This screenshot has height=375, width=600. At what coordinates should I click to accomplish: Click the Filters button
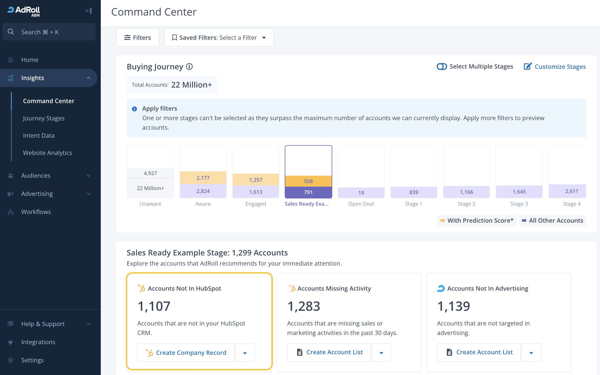click(x=138, y=37)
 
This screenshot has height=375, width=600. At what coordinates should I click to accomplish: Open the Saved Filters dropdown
click(x=219, y=37)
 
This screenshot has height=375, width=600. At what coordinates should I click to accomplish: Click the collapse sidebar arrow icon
click(x=89, y=11)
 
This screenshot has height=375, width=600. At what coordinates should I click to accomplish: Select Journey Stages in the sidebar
click(x=44, y=118)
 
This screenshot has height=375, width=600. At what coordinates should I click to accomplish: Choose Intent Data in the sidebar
click(x=39, y=135)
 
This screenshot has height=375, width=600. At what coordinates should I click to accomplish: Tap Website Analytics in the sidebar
click(x=48, y=153)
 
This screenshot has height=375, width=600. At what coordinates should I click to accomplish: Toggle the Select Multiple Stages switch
click(x=442, y=67)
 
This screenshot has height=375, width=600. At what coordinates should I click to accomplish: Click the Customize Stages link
click(x=555, y=67)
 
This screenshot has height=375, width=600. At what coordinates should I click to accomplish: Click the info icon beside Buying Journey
click(x=189, y=67)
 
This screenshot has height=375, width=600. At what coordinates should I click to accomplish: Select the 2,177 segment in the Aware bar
click(x=203, y=178)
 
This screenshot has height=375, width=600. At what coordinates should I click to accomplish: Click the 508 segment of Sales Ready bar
click(x=308, y=181)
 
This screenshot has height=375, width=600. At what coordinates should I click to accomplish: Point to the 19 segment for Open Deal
click(x=361, y=193)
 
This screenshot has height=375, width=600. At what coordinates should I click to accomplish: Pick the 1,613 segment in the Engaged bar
click(x=256, y=192)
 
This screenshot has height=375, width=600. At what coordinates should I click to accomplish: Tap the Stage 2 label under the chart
click(x=466, y=204)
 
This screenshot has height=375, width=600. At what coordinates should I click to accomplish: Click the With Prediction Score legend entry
click(x=477, y=221)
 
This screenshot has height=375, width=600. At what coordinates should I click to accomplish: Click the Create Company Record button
click(x=186, y=353)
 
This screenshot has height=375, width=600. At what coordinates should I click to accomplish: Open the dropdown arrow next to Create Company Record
click(x=245, y=353)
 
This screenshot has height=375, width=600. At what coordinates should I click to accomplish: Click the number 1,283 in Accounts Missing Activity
click(x=304, y=306)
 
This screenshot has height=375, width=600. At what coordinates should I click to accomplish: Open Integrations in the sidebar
click(x=38, y=342)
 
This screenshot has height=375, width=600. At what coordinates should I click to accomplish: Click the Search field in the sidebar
click(x=49, y=32)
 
